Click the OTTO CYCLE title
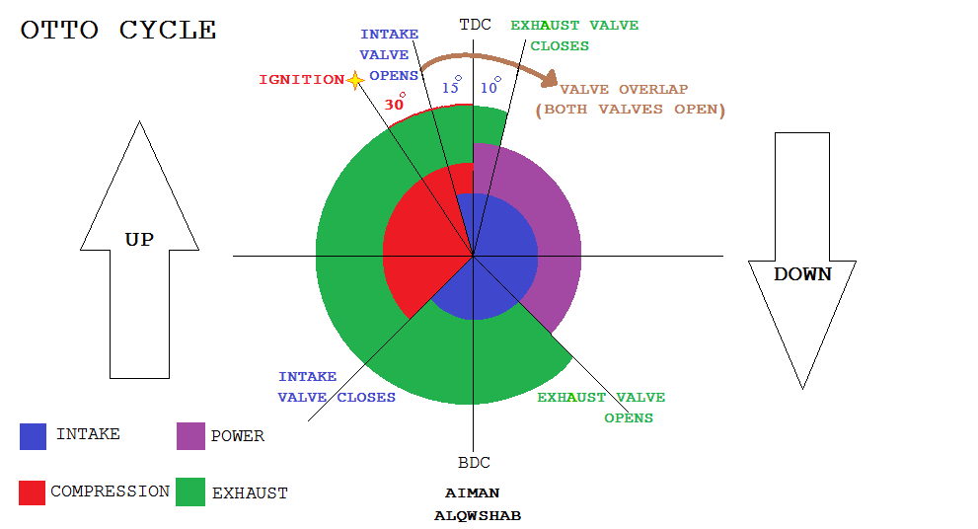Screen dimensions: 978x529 tap(118, 30)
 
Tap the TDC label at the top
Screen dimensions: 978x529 tap(476, 25)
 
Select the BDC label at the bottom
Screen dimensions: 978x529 tap(474, 463)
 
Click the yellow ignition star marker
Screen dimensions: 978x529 tap(355, 80)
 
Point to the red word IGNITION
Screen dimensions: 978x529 tap(302, 80)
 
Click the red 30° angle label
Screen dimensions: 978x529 tap(395, 103)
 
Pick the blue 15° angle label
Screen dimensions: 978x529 tap(452, 86)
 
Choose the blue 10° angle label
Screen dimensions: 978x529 tap(490, 86)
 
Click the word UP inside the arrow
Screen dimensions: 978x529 tap(139, 240)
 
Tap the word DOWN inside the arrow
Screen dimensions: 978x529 tap(802, 274)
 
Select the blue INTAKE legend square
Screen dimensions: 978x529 tap(33, 436)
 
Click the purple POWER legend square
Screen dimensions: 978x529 tap(190, 436)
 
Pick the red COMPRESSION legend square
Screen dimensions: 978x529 tap(32, 492)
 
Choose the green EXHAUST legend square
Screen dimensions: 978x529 tap(190, 491)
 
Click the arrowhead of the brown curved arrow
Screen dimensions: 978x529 tap(550, 79)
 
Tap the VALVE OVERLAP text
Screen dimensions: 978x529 tap(624, 89)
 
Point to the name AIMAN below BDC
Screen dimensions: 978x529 tap(472, 492)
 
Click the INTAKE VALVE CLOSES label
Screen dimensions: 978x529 tap(337, 387)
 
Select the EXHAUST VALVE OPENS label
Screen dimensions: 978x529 tap(601, 408)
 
